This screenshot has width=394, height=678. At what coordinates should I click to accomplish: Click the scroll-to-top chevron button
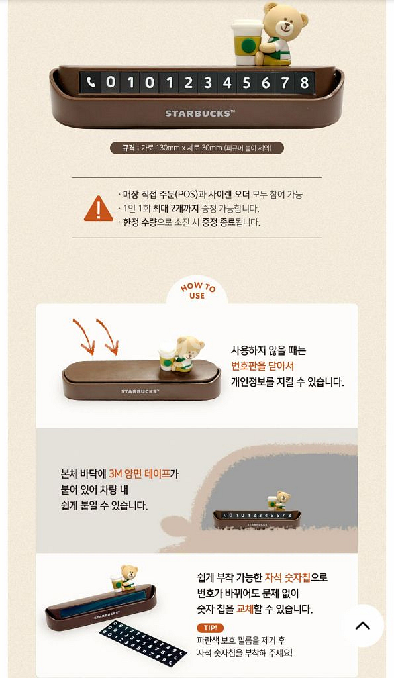coord(362,626)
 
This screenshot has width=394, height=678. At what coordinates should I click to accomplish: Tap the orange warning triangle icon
coord(98,208)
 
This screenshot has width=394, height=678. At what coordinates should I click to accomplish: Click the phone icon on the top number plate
coord(91,83)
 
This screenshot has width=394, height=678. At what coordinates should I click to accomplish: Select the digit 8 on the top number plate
coord(304,83)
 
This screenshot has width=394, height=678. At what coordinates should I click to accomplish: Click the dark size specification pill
coord(197,148)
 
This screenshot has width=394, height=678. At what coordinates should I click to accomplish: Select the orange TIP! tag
coord(211,628)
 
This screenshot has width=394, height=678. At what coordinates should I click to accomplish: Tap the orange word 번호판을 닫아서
coord(262,366)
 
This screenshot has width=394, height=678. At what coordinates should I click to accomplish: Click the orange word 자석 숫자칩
coord(287,577)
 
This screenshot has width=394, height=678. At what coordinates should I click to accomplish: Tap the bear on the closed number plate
coord(183,354)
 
